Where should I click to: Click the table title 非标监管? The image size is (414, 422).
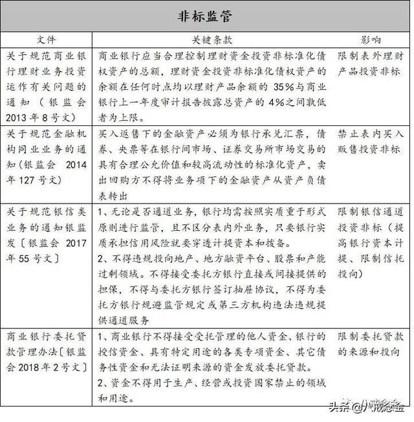[x=206, y=16]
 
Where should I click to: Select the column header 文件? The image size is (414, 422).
[x=47, y=40]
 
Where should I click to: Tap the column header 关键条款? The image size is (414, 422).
[x=213, y=40]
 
